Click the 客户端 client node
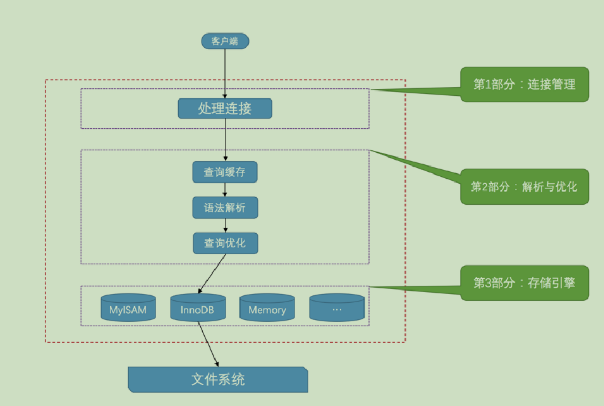225,42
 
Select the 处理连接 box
225,109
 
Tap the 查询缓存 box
225,172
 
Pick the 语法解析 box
225,208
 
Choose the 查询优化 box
225,243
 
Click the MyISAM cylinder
128,309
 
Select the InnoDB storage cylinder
197,309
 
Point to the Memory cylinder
267,309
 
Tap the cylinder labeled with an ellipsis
336,309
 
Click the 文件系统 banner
218,379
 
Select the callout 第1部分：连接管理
524,84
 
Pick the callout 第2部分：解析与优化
524,187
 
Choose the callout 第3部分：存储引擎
524,283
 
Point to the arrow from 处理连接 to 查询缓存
225,139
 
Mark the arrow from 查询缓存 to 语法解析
225,190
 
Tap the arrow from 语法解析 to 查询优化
225,225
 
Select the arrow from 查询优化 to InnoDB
212,274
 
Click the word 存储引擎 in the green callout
551,283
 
